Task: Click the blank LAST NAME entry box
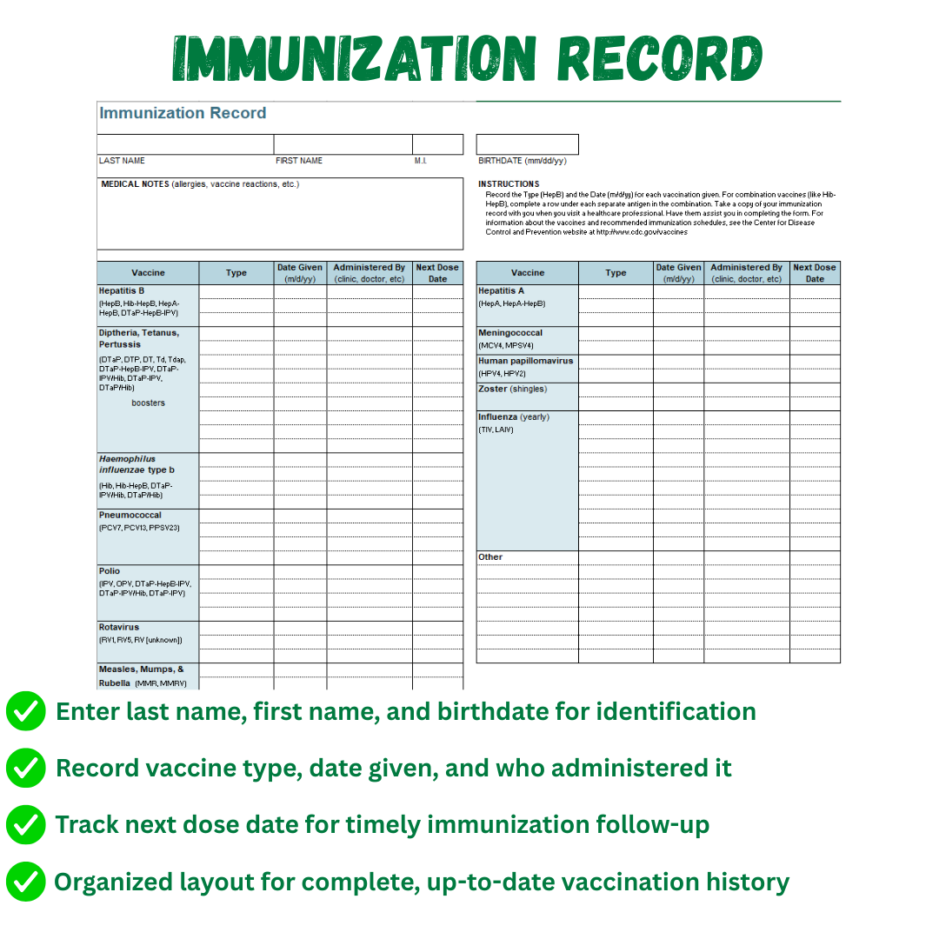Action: point(185,144)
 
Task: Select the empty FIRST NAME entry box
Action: point(343,144)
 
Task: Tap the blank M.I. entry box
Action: point(437,144)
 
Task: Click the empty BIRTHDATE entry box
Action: point(527,144)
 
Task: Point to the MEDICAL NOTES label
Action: point(135,184)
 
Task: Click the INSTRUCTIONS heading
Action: point(509,184)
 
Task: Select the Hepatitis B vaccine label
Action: point(122,290)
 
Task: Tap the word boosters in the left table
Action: point(148,403)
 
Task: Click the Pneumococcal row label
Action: point(130,516)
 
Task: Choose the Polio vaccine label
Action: point(110,571)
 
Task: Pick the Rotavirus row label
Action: point(118,627)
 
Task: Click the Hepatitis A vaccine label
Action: point(501,290)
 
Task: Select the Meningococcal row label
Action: point(510,333)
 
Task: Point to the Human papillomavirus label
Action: point(525,361)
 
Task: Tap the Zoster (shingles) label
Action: point(513,389)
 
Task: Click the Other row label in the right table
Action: point(490,557)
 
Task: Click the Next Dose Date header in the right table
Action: point(815,273)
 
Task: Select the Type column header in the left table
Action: point(236,273)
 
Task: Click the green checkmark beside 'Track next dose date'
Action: point(26,825)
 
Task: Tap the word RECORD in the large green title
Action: point(659,59)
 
